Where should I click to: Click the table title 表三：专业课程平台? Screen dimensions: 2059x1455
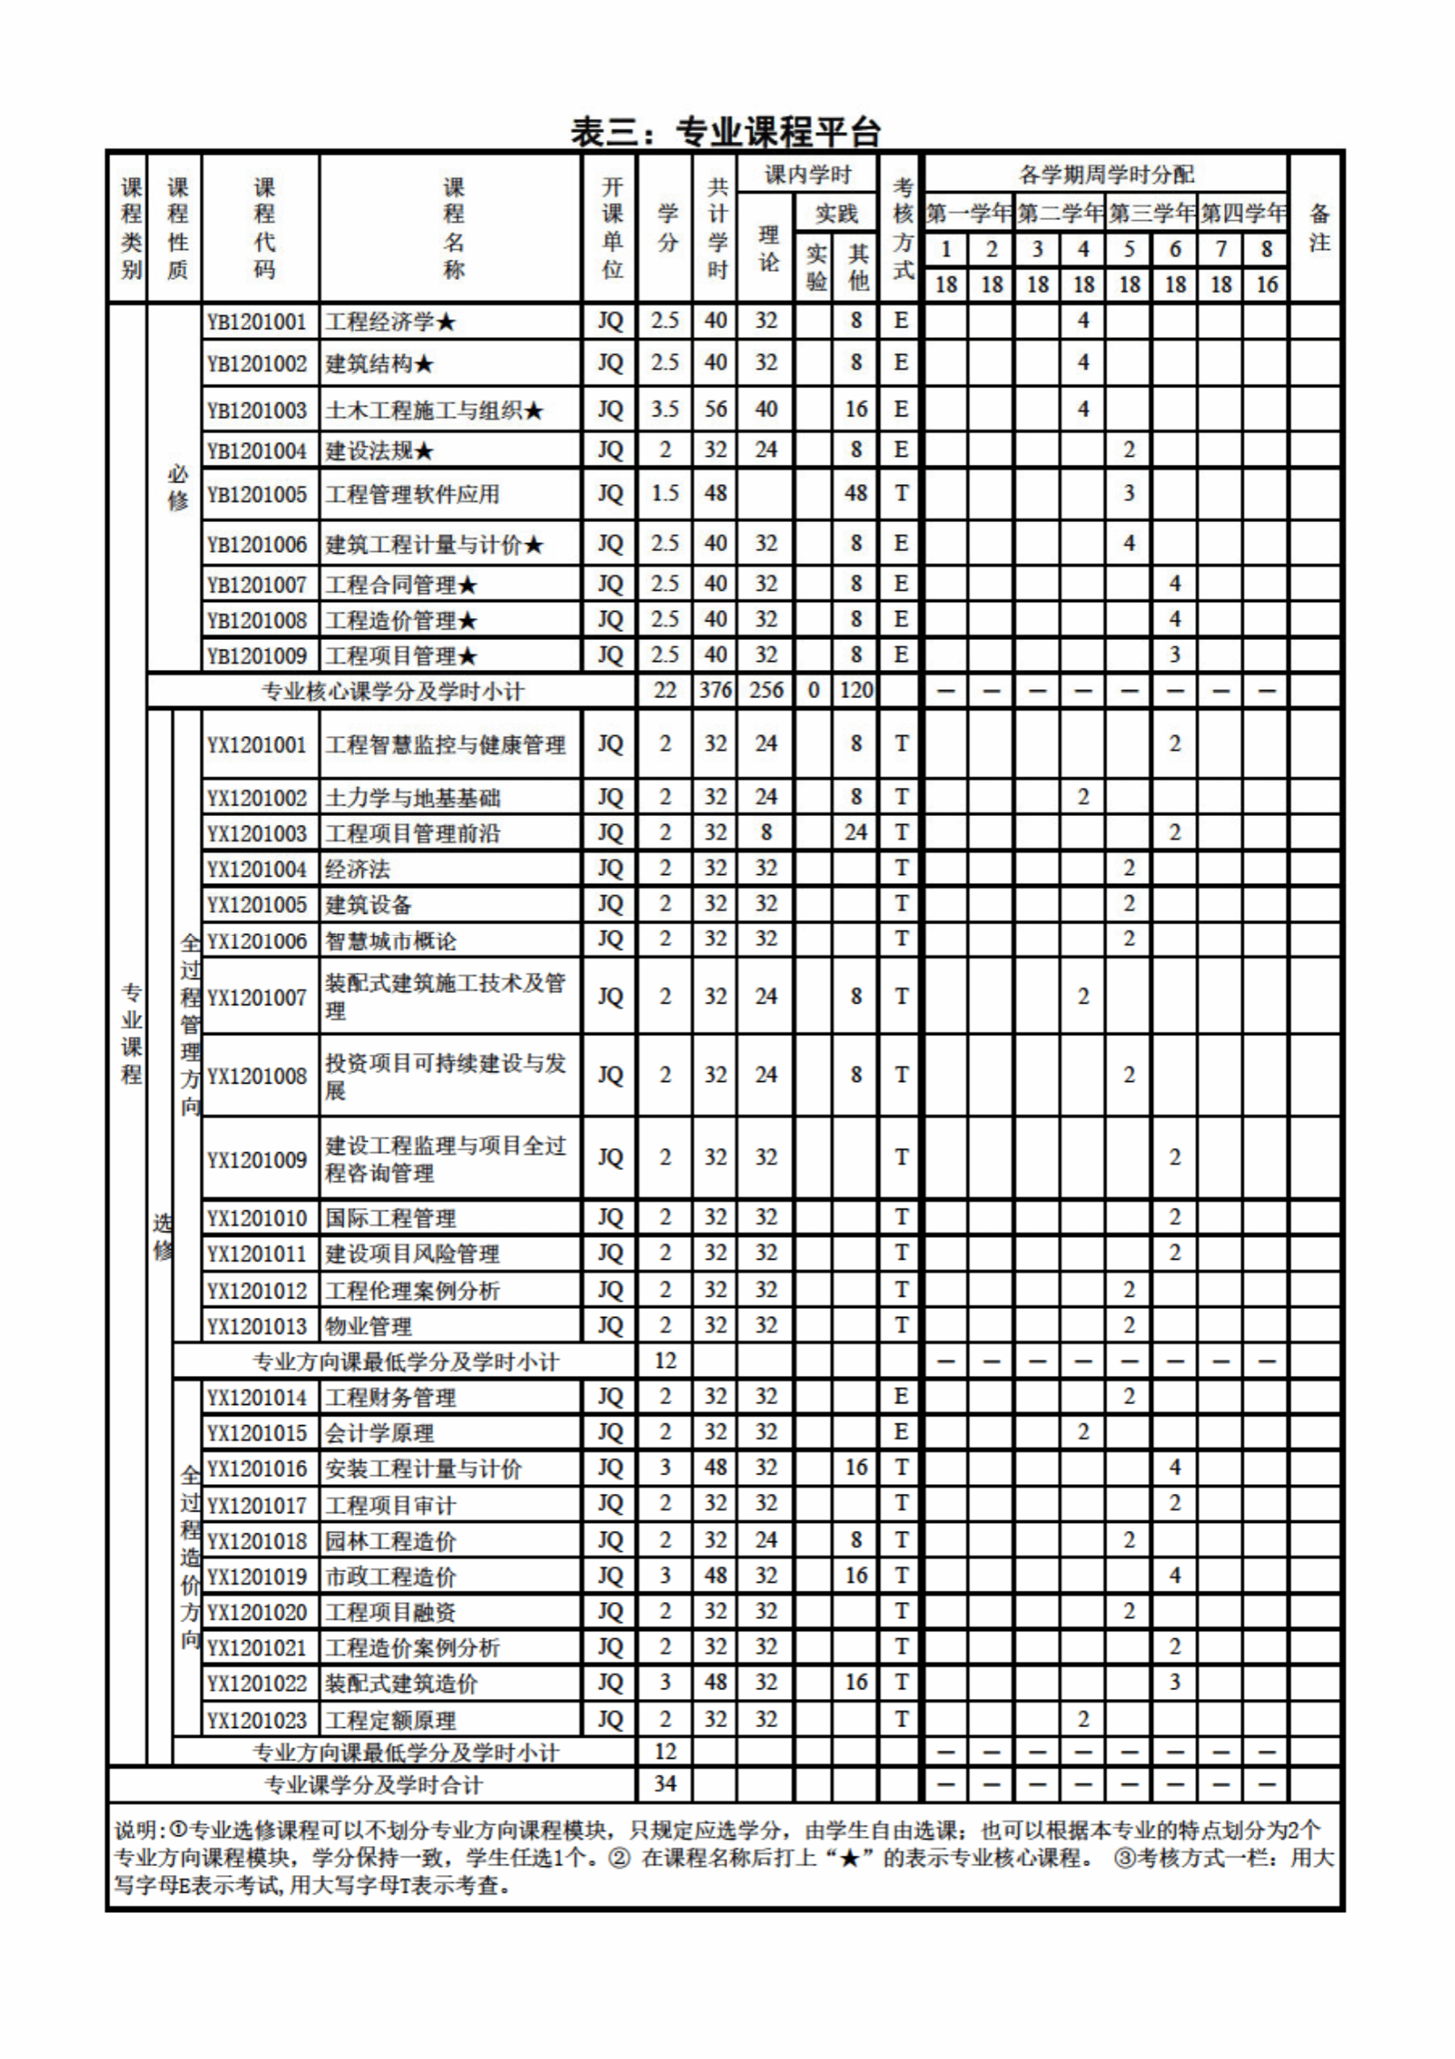[x=726, y=133]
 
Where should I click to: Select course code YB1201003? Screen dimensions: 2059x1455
[x=257, y=411]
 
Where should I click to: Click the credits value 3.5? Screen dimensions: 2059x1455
[x=665, y=410]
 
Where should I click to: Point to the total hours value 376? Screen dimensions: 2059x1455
[x=715, y=690]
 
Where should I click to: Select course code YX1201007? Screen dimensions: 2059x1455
[x=257, y=997]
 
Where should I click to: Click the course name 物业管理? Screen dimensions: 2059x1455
[x=368, y=1327]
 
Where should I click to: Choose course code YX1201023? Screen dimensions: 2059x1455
[x=257, y=1720]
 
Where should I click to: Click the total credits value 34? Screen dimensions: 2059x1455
[x=665, y=1783]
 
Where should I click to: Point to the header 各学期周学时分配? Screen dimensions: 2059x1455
[x=1106, y=174]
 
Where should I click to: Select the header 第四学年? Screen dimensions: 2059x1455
[x=1243, y=213]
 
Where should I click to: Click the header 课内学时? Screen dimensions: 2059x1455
[x=807, y=175]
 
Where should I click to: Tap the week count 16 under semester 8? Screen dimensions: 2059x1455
[x=1266, y=285]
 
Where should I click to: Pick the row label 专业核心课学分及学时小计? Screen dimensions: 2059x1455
[x=392, y=691]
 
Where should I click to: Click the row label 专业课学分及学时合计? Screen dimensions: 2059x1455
[x=373, y=1784]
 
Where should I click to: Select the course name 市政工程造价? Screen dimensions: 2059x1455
[x=390, y=1577]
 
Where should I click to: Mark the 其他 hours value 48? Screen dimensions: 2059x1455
[x=856, y=493]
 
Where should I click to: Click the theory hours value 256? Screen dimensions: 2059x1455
[x=765, y=690]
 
